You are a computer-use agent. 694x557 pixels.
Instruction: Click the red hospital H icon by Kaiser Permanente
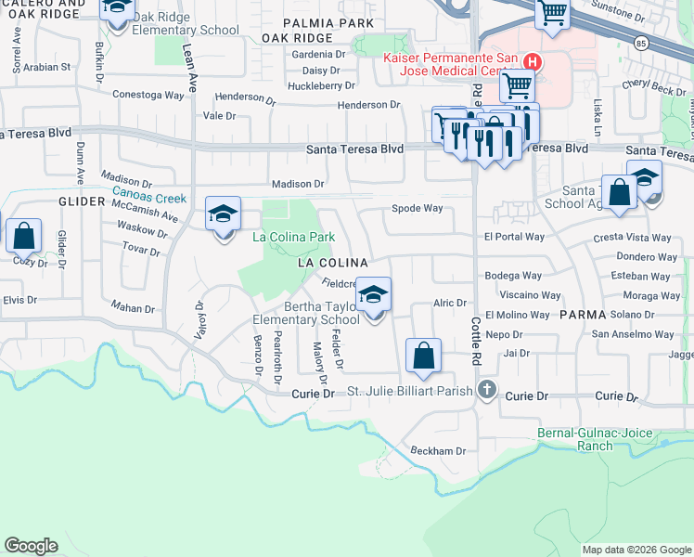(532, 62)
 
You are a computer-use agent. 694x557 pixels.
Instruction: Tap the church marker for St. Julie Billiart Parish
(483, 390)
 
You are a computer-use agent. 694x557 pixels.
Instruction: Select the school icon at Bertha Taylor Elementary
(374, 297)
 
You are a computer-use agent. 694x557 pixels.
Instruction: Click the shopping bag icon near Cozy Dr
(24, 237)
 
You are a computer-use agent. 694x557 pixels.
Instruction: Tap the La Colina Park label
(294, 237)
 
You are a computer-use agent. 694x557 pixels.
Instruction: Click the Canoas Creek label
(149, 197)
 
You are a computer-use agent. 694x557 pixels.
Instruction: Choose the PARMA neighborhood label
(583, 315)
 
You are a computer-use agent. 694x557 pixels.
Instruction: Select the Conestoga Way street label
(148, 95)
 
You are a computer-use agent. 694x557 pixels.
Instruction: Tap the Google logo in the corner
(31, 546)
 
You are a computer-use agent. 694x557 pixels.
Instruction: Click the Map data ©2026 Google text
(636, 550)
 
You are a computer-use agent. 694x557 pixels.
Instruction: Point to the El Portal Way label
(514, 237)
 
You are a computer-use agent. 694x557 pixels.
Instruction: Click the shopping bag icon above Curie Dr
(423, 356)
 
